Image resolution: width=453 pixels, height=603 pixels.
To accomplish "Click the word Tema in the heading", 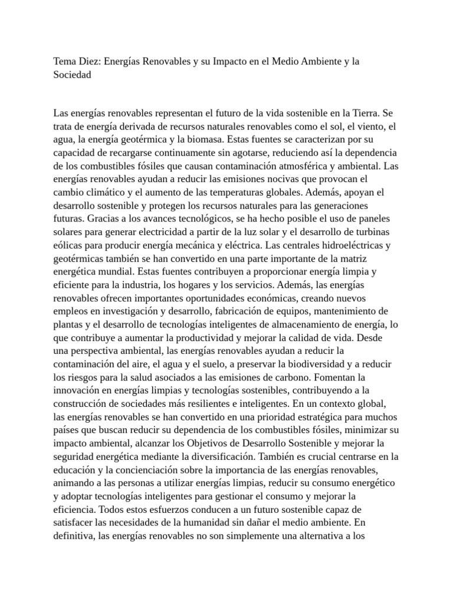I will pos(65,62).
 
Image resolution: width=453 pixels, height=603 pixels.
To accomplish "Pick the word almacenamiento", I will pos(306,324).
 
